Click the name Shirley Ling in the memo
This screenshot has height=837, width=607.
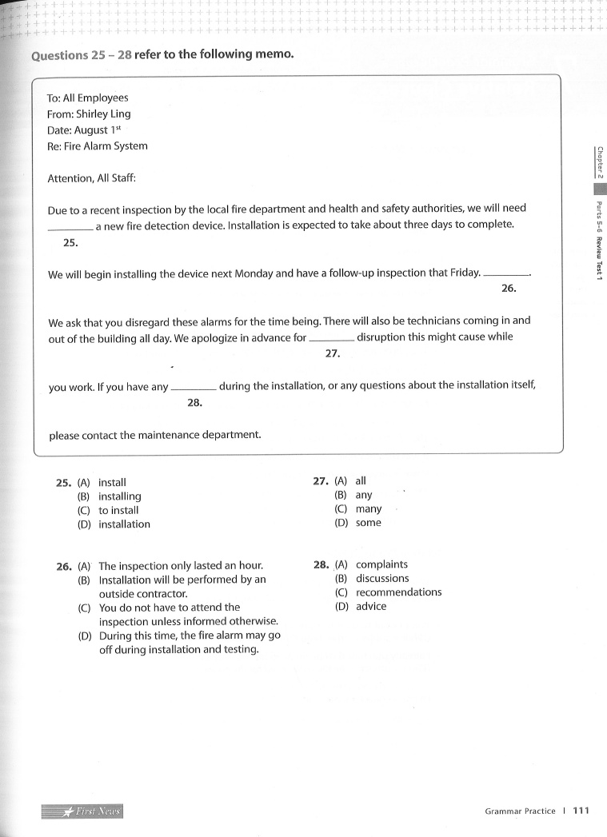click(x=103, y=114)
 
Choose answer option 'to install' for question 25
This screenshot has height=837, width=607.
click(x=118, y=510)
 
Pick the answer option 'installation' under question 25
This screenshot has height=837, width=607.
click(x=124, y=524)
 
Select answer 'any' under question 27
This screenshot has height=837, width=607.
click(x=364, y=495)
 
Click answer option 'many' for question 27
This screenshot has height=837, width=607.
click(x=369, y=508)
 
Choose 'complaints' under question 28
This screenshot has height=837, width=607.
click(x=381, y=564)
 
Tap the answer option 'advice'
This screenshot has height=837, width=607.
click(x=371, y=606)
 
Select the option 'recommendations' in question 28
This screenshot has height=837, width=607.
click(x=398, y=592)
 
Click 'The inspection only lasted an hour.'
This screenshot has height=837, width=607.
click(x=181, y=565)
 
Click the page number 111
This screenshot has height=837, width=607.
click(x=581, y=811)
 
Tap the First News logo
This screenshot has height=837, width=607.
click(x=82, y=811)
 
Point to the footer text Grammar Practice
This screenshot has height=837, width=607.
click(x=520, y=811)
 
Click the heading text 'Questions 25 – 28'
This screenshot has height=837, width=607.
click(x=81, y=55)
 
